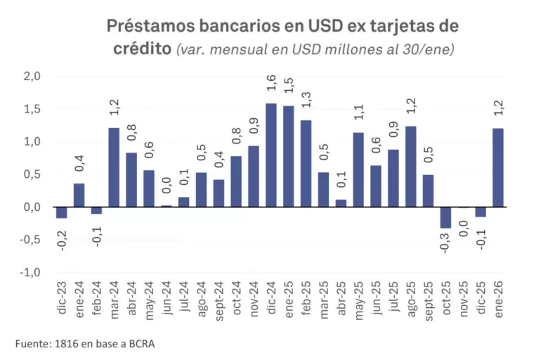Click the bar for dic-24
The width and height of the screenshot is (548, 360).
click(270, 155)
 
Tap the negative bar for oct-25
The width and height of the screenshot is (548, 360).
click(445, 217)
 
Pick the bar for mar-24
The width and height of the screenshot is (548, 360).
click(114, 168)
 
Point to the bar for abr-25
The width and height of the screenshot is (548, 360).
click(341, 203)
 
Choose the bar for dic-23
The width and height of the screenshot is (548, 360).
click(62, 212)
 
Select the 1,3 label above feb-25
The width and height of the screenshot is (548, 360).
click(306, 100)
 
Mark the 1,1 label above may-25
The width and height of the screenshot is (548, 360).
click(358, 112)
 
